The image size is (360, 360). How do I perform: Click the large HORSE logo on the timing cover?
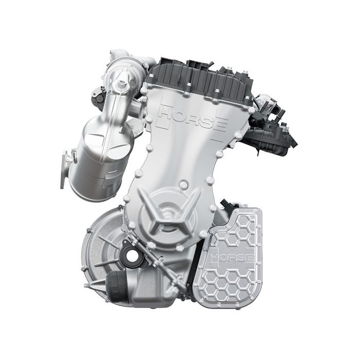pos(192,118)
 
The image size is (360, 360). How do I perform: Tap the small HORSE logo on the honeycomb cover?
pos(232,258)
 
